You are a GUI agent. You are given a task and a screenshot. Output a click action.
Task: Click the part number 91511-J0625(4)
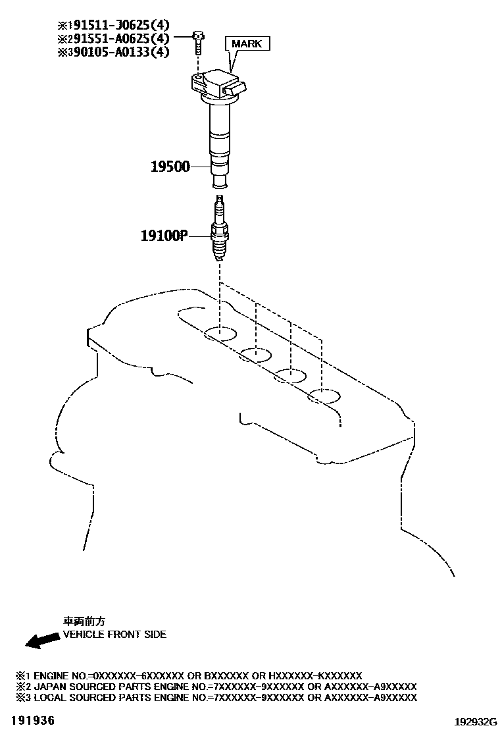(x=116, y=27)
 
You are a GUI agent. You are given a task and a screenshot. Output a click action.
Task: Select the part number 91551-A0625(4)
(x=116, y=39)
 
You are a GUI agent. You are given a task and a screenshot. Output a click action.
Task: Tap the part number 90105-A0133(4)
(x=116, y=52)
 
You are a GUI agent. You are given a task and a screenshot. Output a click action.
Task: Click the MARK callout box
(x=247, y=44)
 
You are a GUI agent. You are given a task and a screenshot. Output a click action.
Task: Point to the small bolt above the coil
(x=197, y=43)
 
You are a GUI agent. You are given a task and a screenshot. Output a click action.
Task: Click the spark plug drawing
(x=220, y=230)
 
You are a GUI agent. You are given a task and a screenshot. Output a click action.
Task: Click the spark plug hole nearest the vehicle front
(x=220, y=333)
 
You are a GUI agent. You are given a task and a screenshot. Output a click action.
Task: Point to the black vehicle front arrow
(x=37, y=639)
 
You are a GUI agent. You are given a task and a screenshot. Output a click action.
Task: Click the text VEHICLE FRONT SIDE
(x=114, y=635)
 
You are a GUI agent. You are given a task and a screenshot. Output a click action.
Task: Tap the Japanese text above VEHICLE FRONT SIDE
(x=84, y=621)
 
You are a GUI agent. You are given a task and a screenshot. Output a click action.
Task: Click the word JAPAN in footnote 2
(x=49, y=687)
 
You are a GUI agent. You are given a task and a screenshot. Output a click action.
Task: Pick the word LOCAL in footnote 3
(x=49, y=698)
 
